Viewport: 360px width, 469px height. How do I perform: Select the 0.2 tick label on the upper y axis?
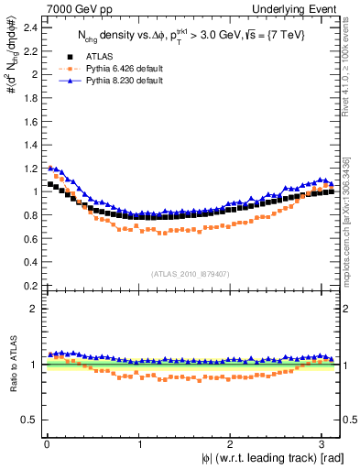pos(30,285)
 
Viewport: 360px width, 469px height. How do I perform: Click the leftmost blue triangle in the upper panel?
pos(50,168)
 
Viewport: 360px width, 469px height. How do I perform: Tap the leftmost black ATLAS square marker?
pos(50,184)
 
